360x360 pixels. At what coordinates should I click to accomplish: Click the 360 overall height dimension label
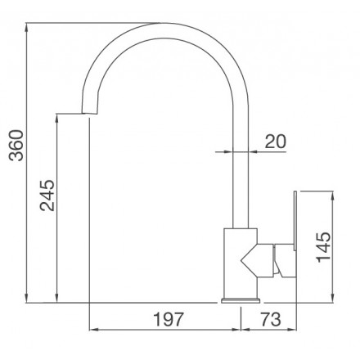[x=16, y=146]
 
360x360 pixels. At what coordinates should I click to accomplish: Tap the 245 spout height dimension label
[x=47, y=196]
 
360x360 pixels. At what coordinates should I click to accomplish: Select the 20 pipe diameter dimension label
[x=276, y=142]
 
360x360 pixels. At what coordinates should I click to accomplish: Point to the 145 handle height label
[x=324, y=247]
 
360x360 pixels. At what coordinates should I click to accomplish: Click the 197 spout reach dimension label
[x=169, y=319]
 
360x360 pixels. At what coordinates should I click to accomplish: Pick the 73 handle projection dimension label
[x=271, y=319]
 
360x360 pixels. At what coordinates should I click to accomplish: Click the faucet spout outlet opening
[x=90, y=114]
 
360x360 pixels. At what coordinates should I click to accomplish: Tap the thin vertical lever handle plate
[x=295, y=220]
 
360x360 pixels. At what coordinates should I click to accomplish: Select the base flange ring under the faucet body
[x=241, y=301]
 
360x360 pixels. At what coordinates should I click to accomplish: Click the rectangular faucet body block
[x=241, y=263]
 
